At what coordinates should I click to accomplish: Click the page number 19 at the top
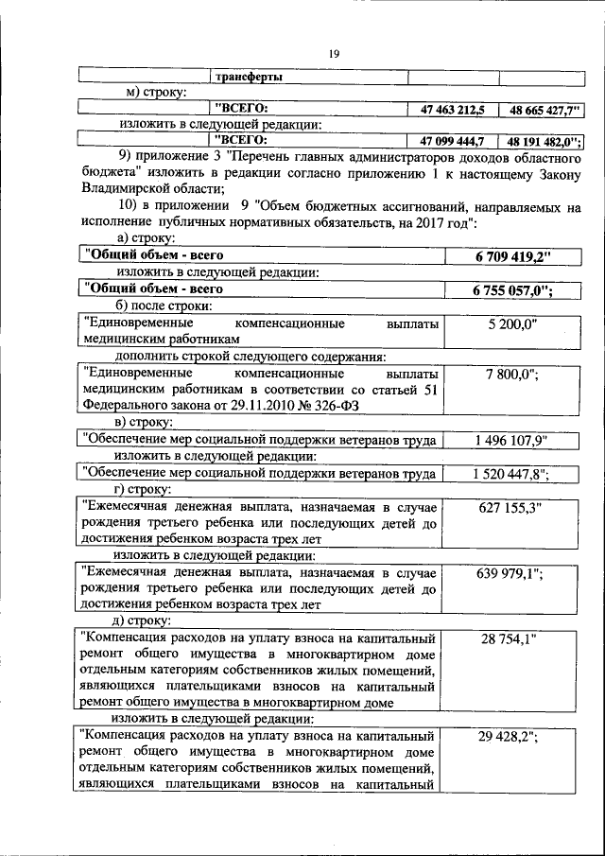(333, 54)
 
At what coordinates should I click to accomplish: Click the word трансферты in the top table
(249, 76)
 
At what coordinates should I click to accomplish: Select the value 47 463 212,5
(447, 110)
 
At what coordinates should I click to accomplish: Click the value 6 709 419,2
(510, 255)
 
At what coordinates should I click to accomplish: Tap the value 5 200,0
(511, 324)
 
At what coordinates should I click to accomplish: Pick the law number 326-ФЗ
(339, 407)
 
